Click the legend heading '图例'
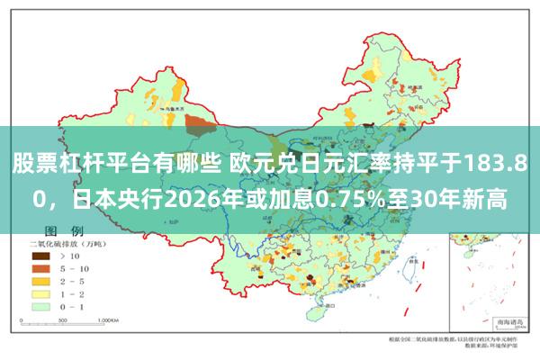64,231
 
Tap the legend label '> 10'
71,256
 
